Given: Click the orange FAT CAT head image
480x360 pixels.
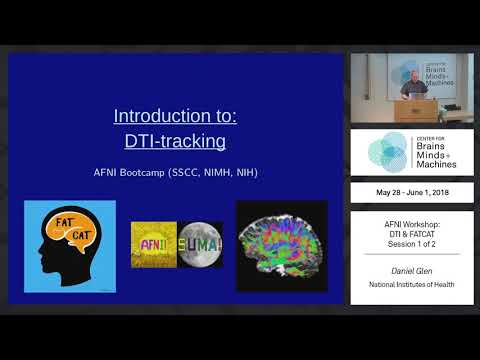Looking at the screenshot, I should [x=69, y=246].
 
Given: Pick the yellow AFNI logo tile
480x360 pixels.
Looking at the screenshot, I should [x=153, y=244].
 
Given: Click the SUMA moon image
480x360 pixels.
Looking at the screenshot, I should [x=200, y=244].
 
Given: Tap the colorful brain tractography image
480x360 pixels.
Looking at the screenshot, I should [x=281, y=246].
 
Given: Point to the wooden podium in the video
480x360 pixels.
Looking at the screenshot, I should [x=419, y=111].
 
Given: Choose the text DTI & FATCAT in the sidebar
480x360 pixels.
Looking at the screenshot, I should [x=411, y=235].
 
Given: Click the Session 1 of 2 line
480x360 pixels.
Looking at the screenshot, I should [x=411, y=246].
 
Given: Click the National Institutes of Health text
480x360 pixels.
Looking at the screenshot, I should [x=411, y=288].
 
